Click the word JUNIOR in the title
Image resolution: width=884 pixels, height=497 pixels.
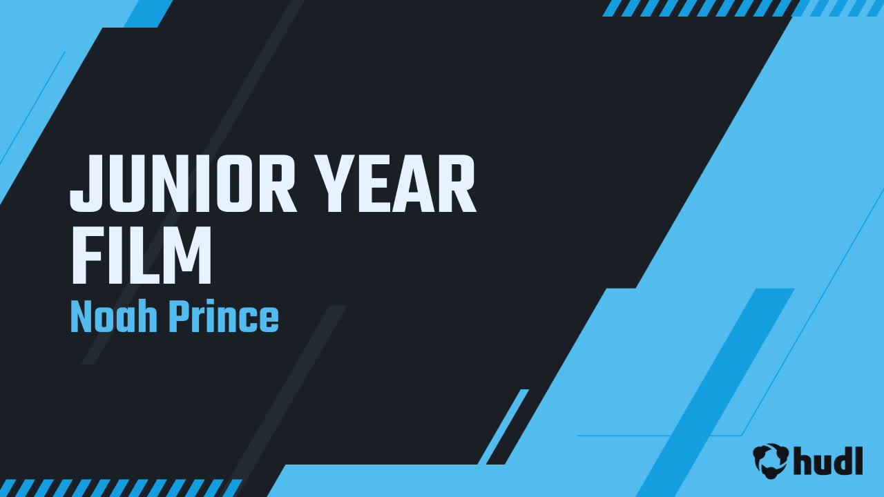[x=183, y=184]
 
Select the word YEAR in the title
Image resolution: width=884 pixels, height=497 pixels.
[x=397, y=184]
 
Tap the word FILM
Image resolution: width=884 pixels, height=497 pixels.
[x=142, y=255]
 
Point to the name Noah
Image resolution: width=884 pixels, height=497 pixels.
[x=114, y=316]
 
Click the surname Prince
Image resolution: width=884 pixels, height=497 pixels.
[x=224, y=316]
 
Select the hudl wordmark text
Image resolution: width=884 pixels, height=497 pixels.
[x=828, y=460]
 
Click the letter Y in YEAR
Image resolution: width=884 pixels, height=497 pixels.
[x=338, y=184]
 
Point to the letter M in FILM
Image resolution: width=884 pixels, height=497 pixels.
[x=187, y=255]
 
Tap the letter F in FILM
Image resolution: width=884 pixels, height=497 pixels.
[x=86, y=255]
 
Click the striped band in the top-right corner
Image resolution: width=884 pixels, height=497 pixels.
[x=742, y=8]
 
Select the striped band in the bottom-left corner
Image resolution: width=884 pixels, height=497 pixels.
[x=120, y=488]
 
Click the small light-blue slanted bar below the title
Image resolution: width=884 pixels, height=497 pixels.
[x=503, y=427]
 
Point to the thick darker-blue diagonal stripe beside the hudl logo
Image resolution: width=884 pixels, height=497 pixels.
[x=715, y=393]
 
